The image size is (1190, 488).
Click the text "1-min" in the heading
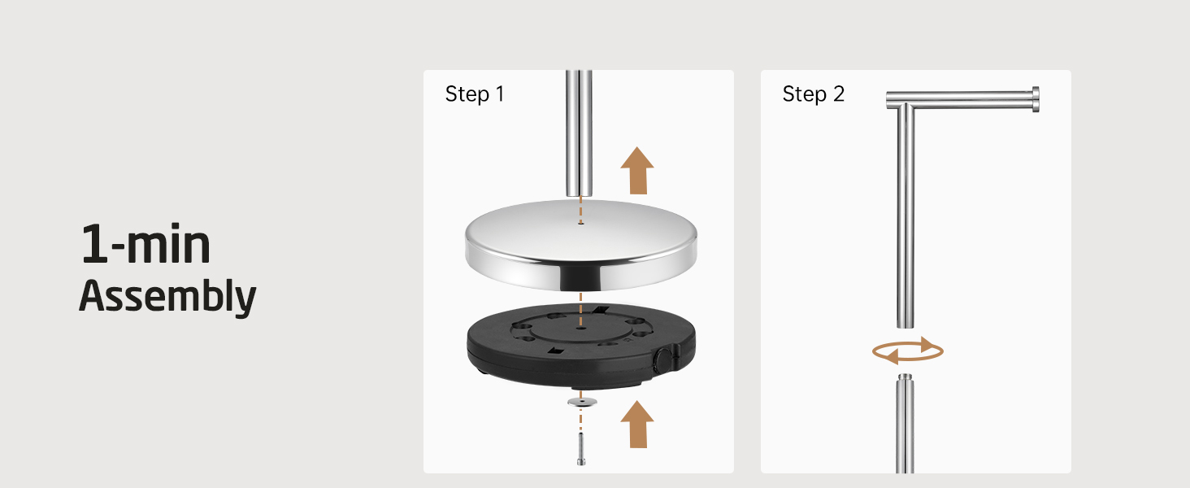[x=145, y=244]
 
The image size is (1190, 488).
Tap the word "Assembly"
[x=167, y=296]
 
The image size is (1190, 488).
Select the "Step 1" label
[x=475, y=94]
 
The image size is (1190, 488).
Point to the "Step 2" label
[x=814, y=94]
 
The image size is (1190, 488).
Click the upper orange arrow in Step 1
[x=637, y=171]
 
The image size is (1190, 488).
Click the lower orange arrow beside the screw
[x=637, y=425]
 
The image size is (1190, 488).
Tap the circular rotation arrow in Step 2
[x=908, y=351]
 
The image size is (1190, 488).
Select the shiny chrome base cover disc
[x=580, y=245]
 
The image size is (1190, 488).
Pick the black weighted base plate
[x=580, y=346]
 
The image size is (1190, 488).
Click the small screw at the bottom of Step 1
[x=581, y=449]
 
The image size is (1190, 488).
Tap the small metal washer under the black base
[x=582, y=402]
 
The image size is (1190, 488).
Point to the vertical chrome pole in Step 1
[x=579, y=133]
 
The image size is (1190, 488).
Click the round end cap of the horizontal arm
[x=1036, y=99]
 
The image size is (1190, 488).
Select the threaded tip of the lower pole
[x=905, y=378]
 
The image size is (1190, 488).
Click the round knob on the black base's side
[x=662, y=359]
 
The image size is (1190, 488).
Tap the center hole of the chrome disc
[x=580, y=224]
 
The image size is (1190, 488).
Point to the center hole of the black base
[x=580, y=328]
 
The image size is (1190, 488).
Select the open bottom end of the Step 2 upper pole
[x=906, y=326]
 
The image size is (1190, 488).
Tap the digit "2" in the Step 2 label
[x=839, y=94]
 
